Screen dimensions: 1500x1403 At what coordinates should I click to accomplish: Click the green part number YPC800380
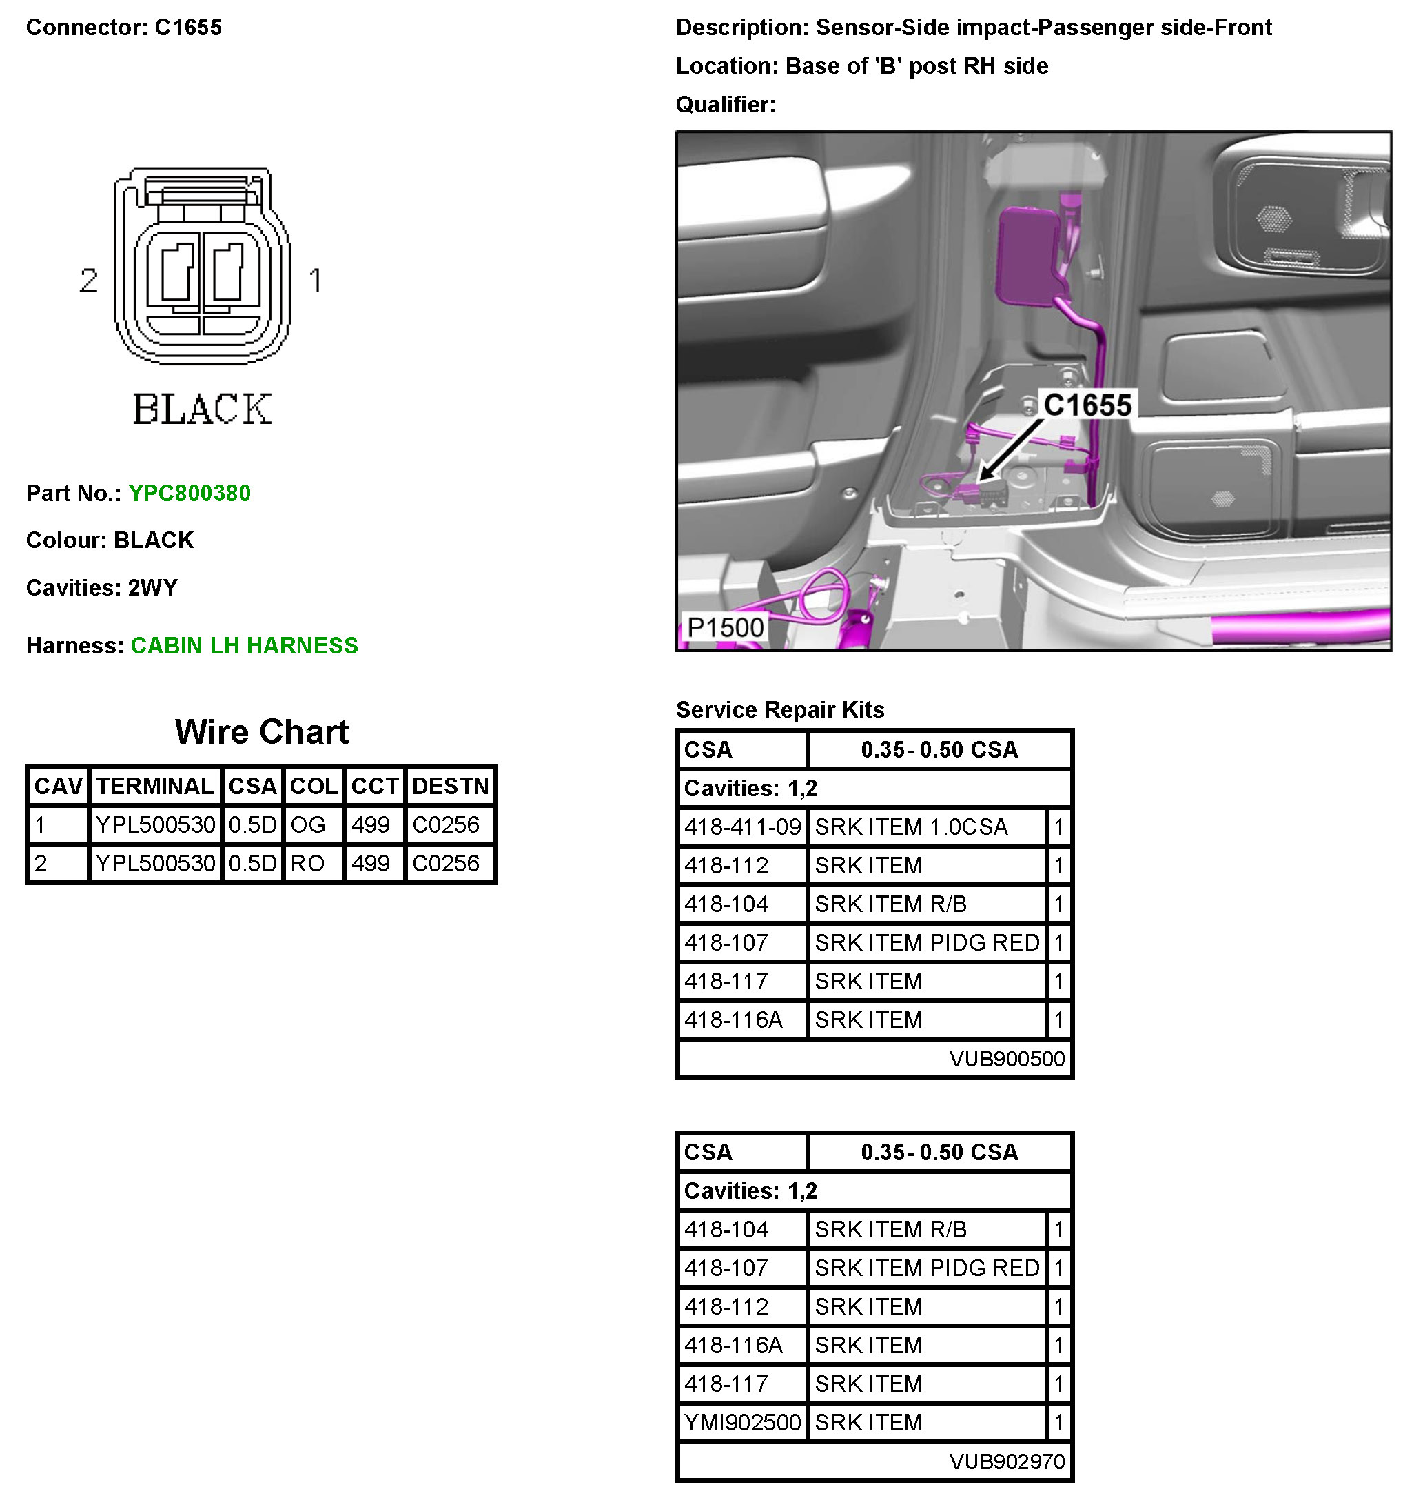189,494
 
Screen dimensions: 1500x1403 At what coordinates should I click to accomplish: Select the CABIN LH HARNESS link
244,646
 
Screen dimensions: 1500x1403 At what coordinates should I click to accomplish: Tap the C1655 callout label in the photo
1087,406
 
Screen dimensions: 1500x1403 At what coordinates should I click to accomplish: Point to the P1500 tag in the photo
725,628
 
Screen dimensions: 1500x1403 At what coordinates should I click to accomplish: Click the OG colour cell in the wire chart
308,825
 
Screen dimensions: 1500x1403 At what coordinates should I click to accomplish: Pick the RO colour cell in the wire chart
308,864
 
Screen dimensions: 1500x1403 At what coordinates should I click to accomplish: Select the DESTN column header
450,787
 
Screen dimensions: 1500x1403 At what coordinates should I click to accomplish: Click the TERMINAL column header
154,787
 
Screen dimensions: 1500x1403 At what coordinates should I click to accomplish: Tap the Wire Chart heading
262,733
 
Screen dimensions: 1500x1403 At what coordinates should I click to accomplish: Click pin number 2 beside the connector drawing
89,281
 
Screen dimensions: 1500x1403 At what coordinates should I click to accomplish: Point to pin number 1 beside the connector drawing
316,281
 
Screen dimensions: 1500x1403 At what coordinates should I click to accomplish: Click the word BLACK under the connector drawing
202,409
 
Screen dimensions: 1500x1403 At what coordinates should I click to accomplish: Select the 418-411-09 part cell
742,828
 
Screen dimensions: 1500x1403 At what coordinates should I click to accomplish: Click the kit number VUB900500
1007,1060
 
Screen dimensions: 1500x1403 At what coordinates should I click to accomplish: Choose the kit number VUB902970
1007,1462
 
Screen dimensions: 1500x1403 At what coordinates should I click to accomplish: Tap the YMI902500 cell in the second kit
742,1423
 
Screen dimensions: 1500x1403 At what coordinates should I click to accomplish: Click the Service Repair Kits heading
779,710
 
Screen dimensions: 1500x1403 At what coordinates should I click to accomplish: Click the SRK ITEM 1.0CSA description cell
910,828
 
